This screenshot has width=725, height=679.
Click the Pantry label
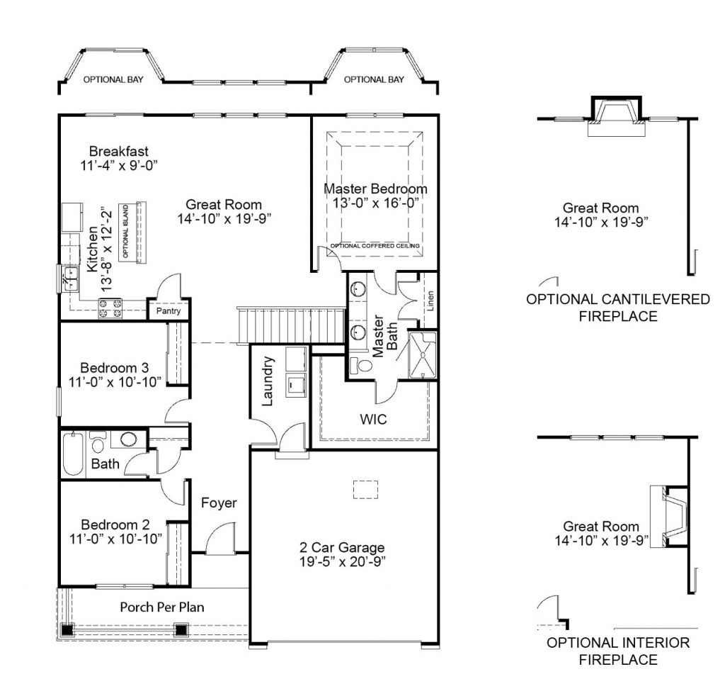pyautogui.click(x=169, y=311)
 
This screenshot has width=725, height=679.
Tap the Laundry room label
pyautogui.click(x=268, y=381)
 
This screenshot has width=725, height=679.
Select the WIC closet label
pyautogui.click(x=373, y=420)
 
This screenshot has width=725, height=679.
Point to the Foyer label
pyautogui.click(x=219, y=503)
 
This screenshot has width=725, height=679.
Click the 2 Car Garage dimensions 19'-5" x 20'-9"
pyautogui.click(x=342, y=561)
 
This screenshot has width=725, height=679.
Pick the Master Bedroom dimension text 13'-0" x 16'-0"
pyautogui.click(x=375, y=203)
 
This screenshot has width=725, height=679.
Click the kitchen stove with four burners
pyautogui.click(x=110, y=309)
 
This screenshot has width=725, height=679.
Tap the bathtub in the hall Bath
pyautogui.click(x=73, y=454)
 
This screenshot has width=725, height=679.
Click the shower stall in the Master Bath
pyautogui.click(x=422, y=354)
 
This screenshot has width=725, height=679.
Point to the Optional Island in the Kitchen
pyautogui.click(x=132, y=232)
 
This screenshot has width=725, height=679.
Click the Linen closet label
pyautogui.click(x=430, y=301)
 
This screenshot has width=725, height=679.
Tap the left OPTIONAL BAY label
pyautogui.click(x=113, y=79)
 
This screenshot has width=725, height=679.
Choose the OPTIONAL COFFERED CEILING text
pyautogui.click(x=375, y=246)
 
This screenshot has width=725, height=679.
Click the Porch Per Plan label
pyautogui.click(x=162, y=607)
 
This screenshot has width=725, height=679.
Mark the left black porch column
pyautogui.click(x=67, y=630)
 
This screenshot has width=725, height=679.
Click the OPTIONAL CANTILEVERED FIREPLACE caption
pyautogui.click(x=617, y=308)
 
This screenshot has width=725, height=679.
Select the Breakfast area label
pyautogui.click(x=119, y=151)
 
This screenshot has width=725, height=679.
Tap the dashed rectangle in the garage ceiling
pyautogui.click(x=366, y=490)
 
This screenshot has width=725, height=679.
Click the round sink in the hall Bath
pyautogui.click(x=129, y=439)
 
